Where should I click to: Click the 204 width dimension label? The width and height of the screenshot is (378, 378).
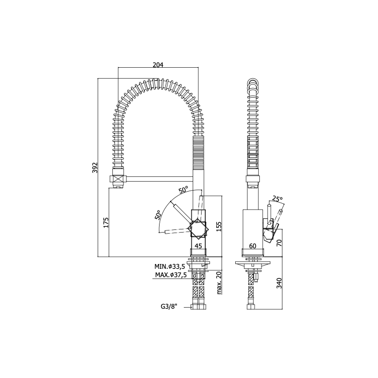(x=158, y=65)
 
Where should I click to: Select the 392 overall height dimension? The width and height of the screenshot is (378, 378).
(x=94, y=167)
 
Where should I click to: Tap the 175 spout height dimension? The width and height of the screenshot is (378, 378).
(x=106, y=222)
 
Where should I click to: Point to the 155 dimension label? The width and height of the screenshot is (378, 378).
(x=218, y=226)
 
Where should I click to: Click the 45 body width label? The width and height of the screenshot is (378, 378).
(x=198, y=246)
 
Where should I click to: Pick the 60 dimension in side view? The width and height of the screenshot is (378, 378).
(x=253, y=246)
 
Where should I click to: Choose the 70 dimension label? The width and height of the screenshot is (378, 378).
(x=279, y=243)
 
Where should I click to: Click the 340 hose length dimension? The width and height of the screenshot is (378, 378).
(x=279, y=283)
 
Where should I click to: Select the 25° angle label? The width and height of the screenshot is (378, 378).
(x=277, y=198)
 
